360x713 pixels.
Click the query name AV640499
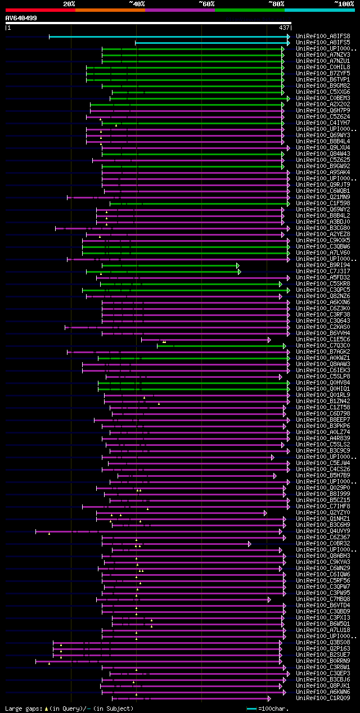pos(21,18)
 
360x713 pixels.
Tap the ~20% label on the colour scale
pos(69,3)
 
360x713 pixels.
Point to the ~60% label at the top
pos(206,3)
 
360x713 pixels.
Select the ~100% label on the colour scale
pos(344,3)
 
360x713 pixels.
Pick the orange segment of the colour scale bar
pos(110,10)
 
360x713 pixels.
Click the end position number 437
pos(284,28)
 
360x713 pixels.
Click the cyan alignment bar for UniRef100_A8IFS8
pos(169,37)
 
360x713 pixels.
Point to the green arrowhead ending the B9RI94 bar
pos(238,265)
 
